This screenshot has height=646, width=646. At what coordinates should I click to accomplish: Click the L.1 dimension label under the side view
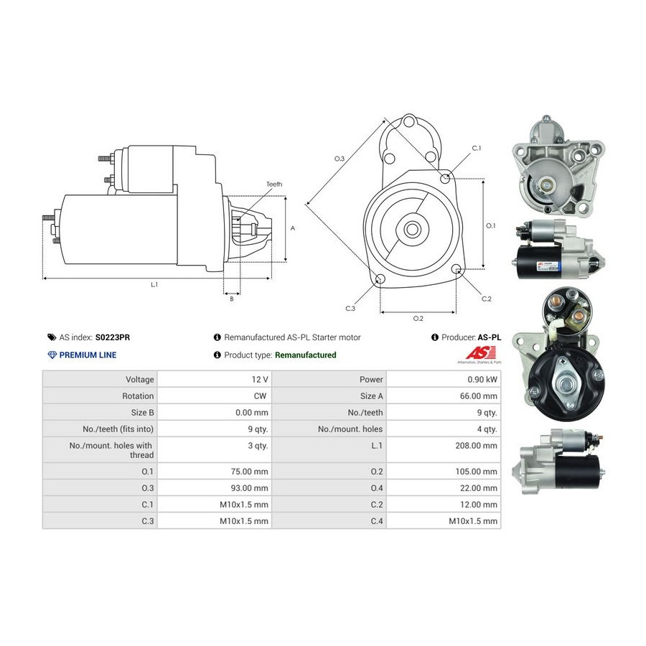[154, 285]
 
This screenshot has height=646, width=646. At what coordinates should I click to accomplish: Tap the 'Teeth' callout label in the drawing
[274, 184]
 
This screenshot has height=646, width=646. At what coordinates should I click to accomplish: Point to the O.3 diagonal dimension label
[339, 159]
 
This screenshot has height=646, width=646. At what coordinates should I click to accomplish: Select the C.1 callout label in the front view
[477, 149]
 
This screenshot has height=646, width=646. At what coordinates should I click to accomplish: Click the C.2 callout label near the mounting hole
[486, 299]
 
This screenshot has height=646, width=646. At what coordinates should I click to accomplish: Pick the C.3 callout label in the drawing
[350, 308]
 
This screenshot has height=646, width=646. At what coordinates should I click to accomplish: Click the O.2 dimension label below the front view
[418, 319]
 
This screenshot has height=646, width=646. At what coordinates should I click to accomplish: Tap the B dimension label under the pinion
[232, 299]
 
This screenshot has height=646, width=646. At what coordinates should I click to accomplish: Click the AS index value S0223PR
[113, 337]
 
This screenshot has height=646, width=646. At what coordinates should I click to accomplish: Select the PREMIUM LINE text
[88, 355]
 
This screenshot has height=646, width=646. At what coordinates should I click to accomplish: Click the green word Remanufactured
[305, 355]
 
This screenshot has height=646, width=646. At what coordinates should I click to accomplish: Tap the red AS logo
[480, 353]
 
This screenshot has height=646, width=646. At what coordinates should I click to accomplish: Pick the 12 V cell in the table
[260, 380]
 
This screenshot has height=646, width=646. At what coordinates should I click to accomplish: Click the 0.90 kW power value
[482, 380]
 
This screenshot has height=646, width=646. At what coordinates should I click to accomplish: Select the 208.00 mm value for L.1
[476, 445]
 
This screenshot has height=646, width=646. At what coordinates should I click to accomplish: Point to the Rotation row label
[138, 396]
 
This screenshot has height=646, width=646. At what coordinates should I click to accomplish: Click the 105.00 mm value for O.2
[476, 472]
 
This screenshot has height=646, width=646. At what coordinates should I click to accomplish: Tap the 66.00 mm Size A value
[478, 396]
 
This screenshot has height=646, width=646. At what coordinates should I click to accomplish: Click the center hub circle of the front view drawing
[411, 229]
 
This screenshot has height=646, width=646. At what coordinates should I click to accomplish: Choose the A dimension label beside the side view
[293, 228]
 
